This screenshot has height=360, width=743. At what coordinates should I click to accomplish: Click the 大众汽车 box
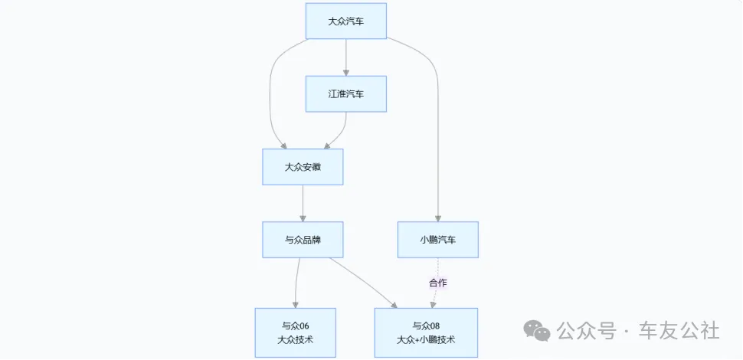pyautogui.click(x=345, y=21)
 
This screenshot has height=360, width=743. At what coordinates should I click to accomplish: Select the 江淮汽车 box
pyautogui.click(x=345, y=93)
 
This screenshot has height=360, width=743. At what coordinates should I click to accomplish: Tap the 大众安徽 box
pyautogui.click(x=303, y=166)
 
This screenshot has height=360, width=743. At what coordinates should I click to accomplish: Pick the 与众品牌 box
pyautogui.click(x=303, y=240)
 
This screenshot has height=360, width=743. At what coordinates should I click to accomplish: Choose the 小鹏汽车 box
pyautogui.click(x=437, y=240)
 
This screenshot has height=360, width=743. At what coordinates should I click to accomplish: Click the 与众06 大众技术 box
pyautogui.click(x=295, y=332)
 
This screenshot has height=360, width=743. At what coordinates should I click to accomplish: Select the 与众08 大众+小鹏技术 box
pyautogui.click(x=426, y=332)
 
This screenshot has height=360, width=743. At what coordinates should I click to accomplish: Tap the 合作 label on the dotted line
pyautogui.click(x=438, y=283)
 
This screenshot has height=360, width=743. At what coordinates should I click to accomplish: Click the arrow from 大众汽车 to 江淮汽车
pyautogui.click(x=346, y=57)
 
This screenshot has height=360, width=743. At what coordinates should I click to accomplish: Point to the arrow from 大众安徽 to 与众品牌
pyautogui.click(x=303, y=203)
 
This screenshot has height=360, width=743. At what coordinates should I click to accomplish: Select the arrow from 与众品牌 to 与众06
pyautogui.click(x=296, y=283)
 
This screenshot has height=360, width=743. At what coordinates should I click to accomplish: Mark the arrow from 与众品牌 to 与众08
pyautogui.click(x=364, y=282)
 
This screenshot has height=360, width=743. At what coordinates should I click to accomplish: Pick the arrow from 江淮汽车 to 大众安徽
pyautogui.click(x=339, y=132)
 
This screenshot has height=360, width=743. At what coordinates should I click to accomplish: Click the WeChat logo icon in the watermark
pyautogui.click(x=537, y=330)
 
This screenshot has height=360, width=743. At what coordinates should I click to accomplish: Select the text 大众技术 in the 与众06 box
pyautogui.click(x=295, y=339)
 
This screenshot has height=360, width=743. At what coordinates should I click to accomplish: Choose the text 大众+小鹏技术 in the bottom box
pyautogui.click(x=426, y=339)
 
